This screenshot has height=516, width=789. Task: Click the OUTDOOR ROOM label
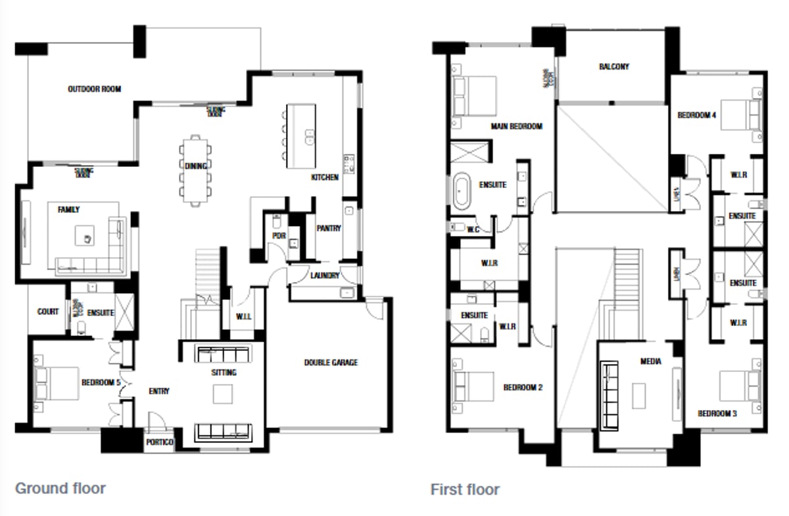[x=94, y=89]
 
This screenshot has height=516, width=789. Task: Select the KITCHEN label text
[x=325, y=177]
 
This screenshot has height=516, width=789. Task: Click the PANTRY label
[x=328, y=229]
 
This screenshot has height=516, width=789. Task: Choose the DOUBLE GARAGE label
[x=331, y=362]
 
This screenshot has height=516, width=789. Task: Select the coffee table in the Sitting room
[x=223, y=393]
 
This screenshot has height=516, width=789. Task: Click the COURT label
[x=48, y=312]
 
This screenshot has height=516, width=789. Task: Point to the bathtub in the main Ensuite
[x=464, y=187]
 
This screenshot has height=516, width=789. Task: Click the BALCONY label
[x=613, y=66]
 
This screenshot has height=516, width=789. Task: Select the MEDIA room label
[x=650, y=362]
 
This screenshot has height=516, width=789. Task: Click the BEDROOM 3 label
[x=716, y=413]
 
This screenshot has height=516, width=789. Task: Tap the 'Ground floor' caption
[x=60, y=488]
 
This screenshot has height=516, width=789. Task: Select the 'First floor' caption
[x=465, y=490]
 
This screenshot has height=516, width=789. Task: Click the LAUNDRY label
[x=325, y=275]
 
